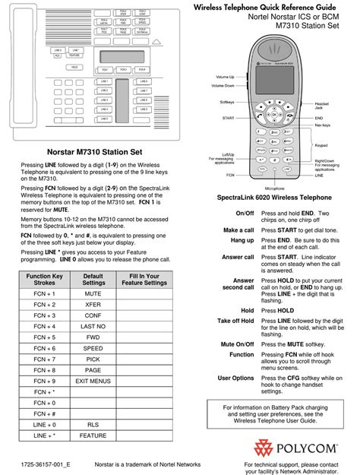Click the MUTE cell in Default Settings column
click(x=93, y=292)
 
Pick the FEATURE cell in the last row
click(x=93, y=435)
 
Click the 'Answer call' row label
click(x=238, y=257)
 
